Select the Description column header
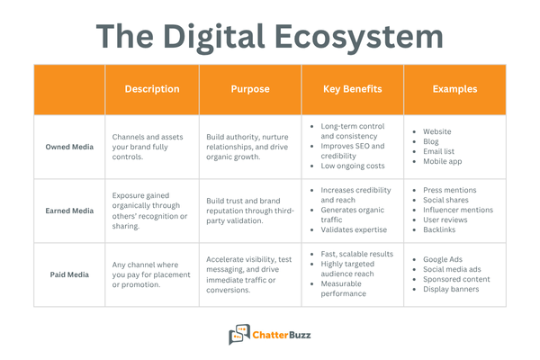click(151, 89)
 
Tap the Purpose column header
click(250, 89)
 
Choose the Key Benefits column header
click(352, 89)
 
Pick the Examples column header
click(454, 89)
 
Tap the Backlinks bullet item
click(442, 230)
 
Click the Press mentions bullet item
click(451, 191)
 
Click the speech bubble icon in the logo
click(238, 335)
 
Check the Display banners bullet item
click(451, 289)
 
